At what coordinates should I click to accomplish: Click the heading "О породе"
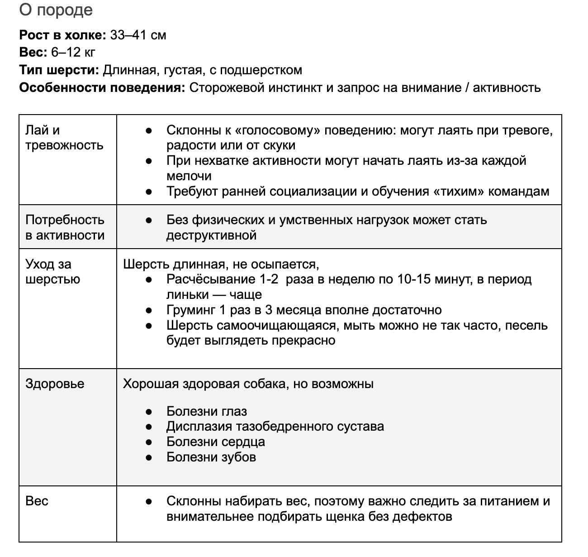click(x=56, y=10)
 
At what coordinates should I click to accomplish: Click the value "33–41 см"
click(x=138, y=35)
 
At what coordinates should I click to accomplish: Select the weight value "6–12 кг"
click(x=73, y=53)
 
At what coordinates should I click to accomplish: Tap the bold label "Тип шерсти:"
click(x=59, y=70)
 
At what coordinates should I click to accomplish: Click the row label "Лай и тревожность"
click(x=64, y=138)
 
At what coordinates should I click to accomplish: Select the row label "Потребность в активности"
click(x=65, y=227)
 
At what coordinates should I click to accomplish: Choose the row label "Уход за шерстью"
click(x=52, y=272)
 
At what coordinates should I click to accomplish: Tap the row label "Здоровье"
click(x=55, y=384)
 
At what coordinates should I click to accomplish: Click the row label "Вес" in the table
click(x=37, y=501)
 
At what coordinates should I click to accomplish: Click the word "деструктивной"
click(x=211, y=235)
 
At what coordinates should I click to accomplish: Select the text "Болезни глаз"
click(x=207, y=411)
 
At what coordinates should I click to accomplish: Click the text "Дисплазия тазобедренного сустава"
click(x=275, y=426)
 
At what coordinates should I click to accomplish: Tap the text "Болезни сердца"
click(x=216, y=442)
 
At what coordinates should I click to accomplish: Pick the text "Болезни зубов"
click(x=211, y=457)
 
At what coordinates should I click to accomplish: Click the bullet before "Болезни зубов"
click(x=148, y=457)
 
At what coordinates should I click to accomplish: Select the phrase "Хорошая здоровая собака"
click(x=204, y=384)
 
